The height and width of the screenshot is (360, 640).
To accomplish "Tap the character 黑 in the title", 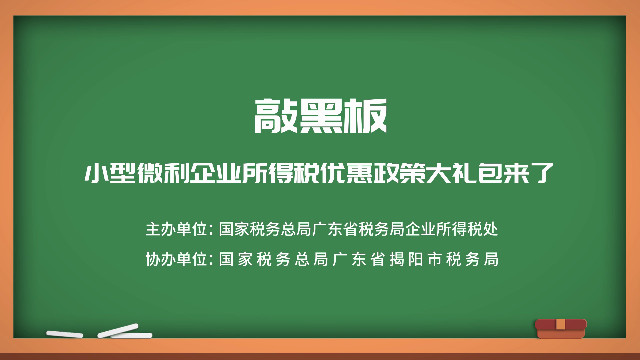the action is (x=320, y=116).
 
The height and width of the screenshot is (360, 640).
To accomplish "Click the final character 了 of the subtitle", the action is (x=543, y=173).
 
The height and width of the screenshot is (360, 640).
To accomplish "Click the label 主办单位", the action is (x=177, y=229).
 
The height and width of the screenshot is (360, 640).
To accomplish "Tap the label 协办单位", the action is (x=177, y=259).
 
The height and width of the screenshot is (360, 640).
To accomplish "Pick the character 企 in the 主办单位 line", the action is (x=412, y=229).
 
